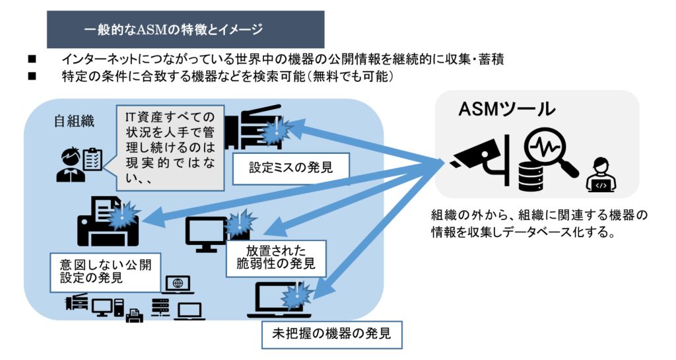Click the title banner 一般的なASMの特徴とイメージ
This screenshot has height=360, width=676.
pyautogui.click(x=186, y=30)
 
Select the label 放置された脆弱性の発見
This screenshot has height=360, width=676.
pyautogui.click(x=276, y=258)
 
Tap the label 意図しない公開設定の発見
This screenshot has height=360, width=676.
pyautogui.click(x=105, y=271)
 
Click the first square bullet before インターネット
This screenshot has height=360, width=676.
pyautogui.click(x=31, y=59)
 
